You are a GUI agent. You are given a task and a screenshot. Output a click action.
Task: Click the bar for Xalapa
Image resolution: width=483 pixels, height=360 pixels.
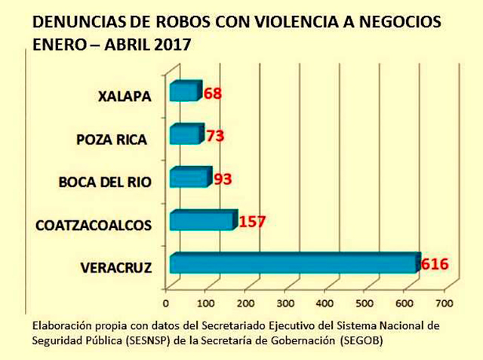click(185, 91)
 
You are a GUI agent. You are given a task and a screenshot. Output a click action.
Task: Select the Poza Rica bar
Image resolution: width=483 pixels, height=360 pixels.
click(186, 134)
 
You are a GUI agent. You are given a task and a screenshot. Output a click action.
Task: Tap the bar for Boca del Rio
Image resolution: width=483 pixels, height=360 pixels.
click(189, 177)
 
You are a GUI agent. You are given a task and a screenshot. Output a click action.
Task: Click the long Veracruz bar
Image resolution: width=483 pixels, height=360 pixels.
click(294, 263)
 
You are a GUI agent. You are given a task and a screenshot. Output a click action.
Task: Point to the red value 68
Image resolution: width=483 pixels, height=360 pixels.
click(214, 94)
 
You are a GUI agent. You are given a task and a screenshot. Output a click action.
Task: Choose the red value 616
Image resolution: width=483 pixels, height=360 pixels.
click(435, 264)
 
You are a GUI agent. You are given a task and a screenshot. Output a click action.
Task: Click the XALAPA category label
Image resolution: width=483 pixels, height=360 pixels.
click(125, 97)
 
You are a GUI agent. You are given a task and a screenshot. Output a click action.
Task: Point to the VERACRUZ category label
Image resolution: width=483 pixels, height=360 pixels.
click(116, 267)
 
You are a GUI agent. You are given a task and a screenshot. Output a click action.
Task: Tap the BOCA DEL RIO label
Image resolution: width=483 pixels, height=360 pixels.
click(105, 182)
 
